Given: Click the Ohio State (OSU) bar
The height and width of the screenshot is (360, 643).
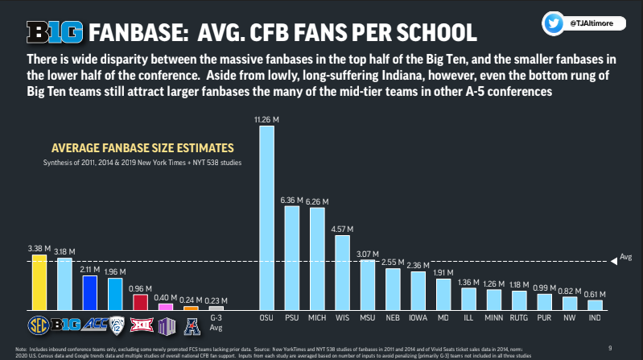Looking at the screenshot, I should click(x=266, y=218).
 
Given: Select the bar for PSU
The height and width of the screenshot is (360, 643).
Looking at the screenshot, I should click(x=291, y=258).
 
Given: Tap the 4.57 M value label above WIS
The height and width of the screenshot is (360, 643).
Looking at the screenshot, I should click(x=341, y=228).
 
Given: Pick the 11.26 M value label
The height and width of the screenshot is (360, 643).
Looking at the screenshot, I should click(x=266, y=119).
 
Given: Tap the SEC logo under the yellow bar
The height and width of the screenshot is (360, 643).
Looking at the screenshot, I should click(x=38, y=325).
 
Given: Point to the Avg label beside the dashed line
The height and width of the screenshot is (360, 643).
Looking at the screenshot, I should click(x=626, y=259).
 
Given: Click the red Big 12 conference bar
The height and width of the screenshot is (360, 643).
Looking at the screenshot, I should click(x=139, y=302).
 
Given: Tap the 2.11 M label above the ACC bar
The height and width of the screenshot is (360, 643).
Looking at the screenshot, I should click(x=90, y=270).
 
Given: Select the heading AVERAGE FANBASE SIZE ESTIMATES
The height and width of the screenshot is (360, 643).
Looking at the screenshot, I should click(x=142, y=148).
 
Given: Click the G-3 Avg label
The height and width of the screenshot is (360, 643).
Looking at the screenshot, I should click(x=215, y=324).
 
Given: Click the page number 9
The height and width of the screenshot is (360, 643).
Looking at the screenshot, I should click(x=610, y=347).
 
